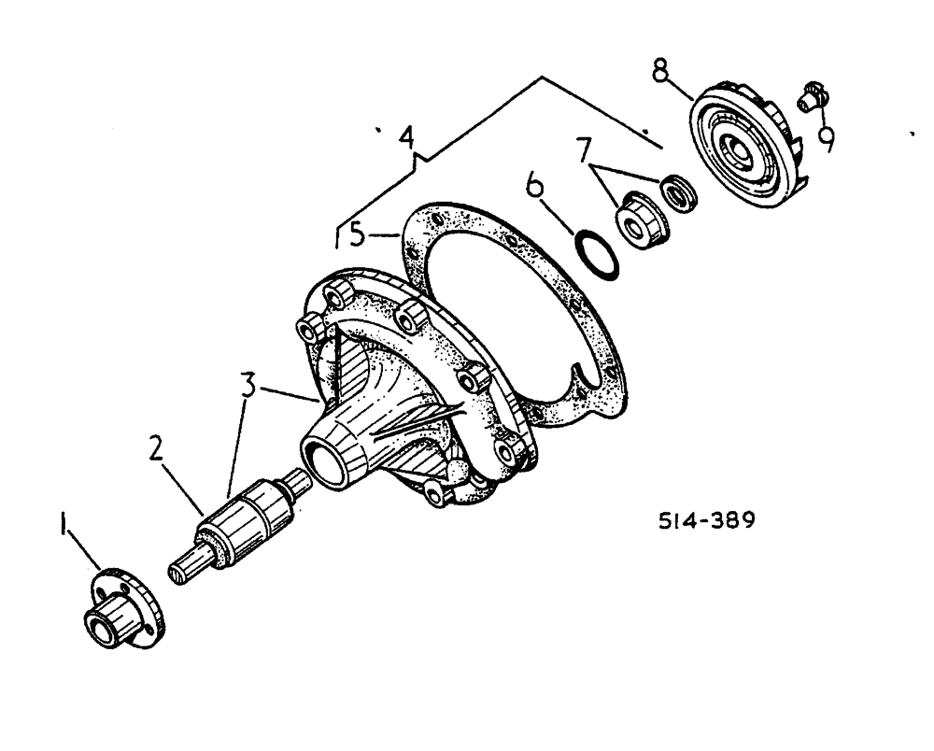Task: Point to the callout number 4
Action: [404, 139]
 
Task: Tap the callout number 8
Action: [660, 71]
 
